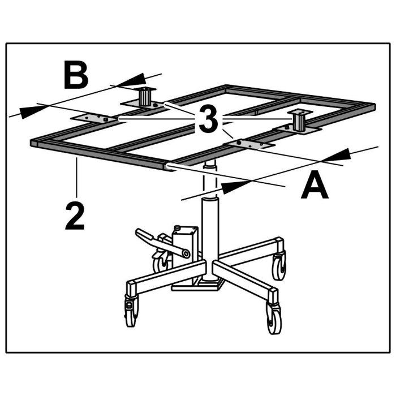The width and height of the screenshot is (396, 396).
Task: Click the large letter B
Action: click(x=76, y=75)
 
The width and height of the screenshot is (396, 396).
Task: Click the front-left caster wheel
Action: click(x=132, y=311)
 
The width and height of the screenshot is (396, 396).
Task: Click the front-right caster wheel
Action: click(x=273, y=318)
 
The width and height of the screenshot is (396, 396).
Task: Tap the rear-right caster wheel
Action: click(x=279, y=266)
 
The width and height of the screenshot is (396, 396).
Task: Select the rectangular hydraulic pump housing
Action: click(x=184, y=255)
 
